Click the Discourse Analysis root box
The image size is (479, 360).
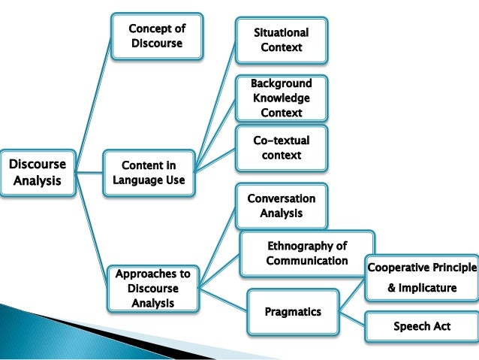pos(38,172)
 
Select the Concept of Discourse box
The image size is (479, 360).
pos(157,35)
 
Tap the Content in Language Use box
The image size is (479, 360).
pos(149,172)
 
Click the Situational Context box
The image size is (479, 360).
pos(282,40)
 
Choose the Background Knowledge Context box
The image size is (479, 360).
pos(282,98)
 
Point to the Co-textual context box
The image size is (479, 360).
pos(282,147)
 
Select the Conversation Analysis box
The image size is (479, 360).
pos(282,206)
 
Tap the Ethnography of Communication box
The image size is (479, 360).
pos(307,254)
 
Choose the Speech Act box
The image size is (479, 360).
pos(421,326)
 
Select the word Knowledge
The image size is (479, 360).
pos(282,98)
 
